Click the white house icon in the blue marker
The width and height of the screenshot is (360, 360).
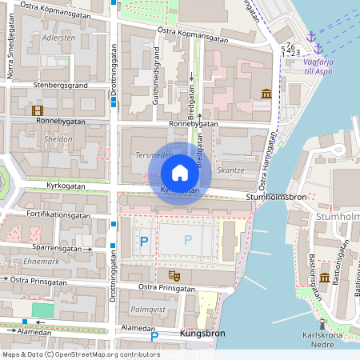coord(180,172)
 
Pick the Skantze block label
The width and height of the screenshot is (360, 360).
coord(230,170)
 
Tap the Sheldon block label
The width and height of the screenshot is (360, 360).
coord(37,138)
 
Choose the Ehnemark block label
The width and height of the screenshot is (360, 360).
coord(42,262)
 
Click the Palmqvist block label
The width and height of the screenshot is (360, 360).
coord(147,307)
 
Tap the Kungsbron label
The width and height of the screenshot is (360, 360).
coord(202,333)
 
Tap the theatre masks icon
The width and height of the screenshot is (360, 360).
coord(176,275)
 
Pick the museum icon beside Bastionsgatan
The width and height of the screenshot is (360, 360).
coord(324,278)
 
